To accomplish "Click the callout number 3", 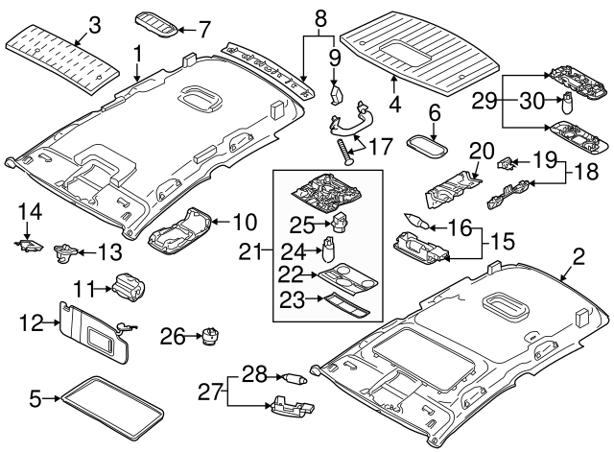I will tap(93, 25).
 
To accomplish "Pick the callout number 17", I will tap(381, 147).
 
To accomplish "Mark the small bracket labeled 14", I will tap(28, 244).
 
